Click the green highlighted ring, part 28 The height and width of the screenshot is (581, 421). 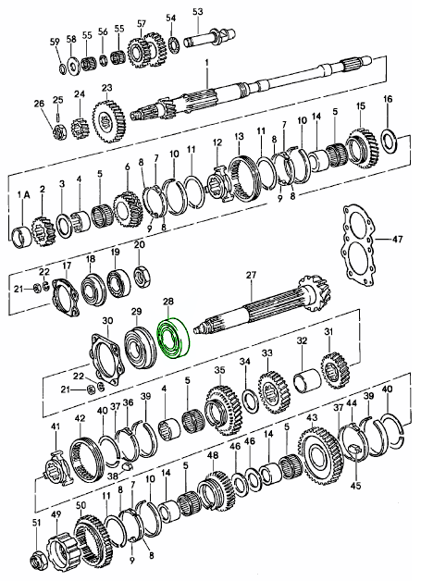pyautogui.click(x=172, y=340)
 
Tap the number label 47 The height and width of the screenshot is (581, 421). pyautogui.click(x=399, y=239)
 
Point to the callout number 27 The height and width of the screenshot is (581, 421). pyautogui.click(x=249, y=275)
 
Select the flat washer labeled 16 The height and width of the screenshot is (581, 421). pyautogui.click(x=389, y=140)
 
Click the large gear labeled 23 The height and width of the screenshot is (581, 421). pyautogui.click(x=109, y=120)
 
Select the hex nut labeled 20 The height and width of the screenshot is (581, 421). pyautogui.click(x=141, y=274)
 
